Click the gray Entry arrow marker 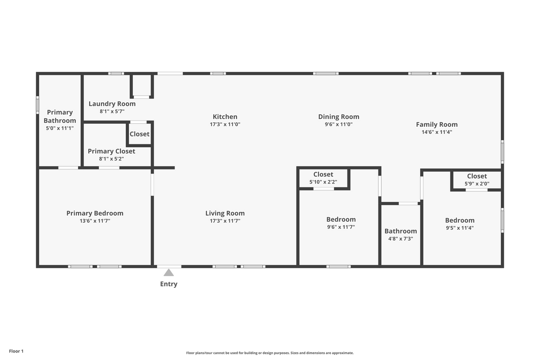click(169, 273)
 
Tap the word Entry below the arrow click(169, 284)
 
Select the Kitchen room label click(225, 117)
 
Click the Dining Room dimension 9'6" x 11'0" click(338, 124)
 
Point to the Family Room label click(436, 125)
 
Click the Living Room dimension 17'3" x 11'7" click(225, 221)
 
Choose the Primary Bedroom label click(94, 213)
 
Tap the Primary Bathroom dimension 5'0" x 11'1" click(60, 128)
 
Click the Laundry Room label click(112, 104)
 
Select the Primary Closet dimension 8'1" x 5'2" click(111, 159)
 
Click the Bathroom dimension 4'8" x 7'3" click(400, 239)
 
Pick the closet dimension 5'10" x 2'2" click(323, 182)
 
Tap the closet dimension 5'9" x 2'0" click(477, 183)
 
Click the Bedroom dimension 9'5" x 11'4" click(459, 228)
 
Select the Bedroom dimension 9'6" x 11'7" click(341, 227)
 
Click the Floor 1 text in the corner click(16, 351)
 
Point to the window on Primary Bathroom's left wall click(37, 105)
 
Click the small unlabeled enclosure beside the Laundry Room click(142, 85)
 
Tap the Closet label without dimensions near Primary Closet click(139, 134)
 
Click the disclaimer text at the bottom click(270, 353)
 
